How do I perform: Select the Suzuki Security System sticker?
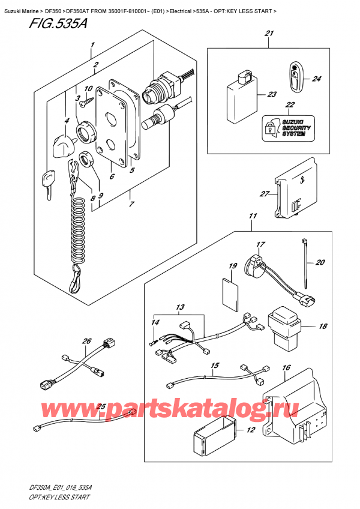pos(283,127)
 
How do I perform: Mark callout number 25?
pos(101,406)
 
